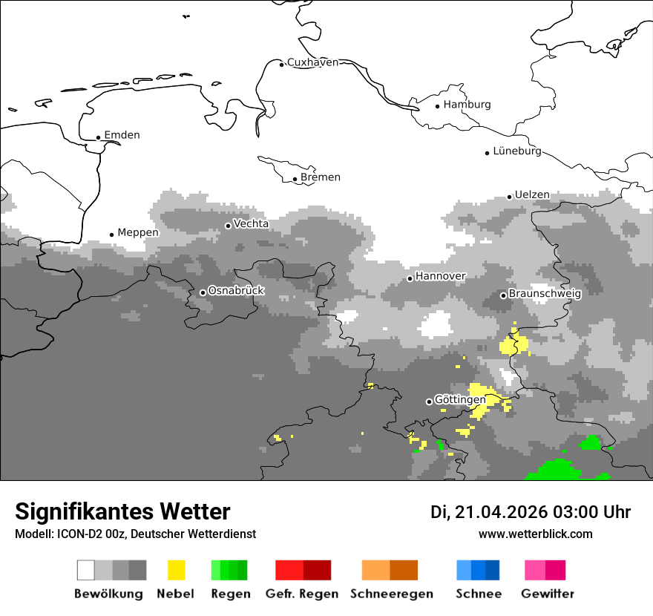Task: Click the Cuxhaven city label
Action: pos(312,62)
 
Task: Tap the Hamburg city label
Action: pos(467,105)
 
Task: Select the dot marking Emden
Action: pos(98,137)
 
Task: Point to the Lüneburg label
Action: pos(517,151)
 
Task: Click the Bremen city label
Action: pos(321,177)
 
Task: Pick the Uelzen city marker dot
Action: pos(509,197)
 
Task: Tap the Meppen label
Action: pos(138,233)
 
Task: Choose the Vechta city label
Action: pos(251,224)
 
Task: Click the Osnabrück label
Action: pos(236,291)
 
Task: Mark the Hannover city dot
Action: pos(410,279)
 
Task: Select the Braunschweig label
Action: pos(545,294)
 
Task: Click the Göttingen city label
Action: pos(460,400)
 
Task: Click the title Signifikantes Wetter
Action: pos(122,511)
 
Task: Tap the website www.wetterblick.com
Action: pos(535,534)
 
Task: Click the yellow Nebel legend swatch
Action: pos(176,570)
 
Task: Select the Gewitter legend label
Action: pos(547,594)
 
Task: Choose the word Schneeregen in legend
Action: pos(391,594)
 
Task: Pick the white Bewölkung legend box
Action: pos(86,570)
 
